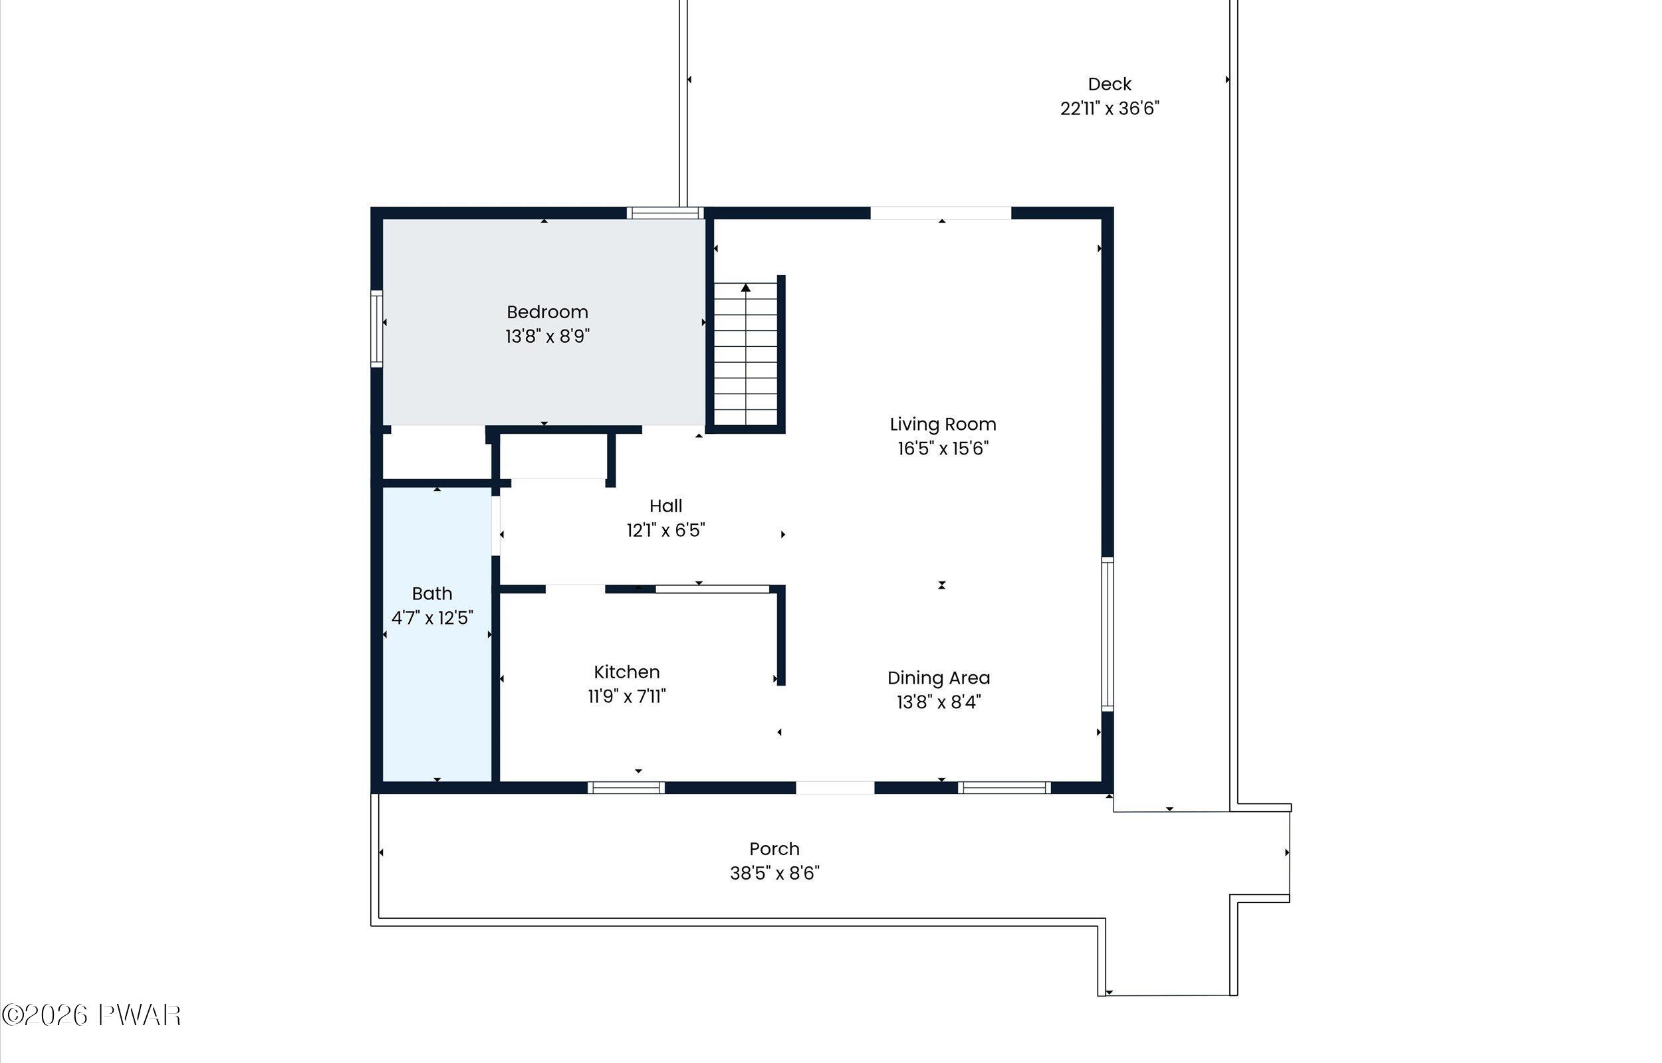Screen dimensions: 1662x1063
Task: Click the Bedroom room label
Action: point(547,313)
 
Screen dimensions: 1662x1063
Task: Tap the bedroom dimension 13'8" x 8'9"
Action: point(547,336)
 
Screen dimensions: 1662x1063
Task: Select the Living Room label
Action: point(943,425)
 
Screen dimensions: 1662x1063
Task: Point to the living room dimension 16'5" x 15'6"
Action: point(943,448)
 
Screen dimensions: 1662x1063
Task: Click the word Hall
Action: point(665,506)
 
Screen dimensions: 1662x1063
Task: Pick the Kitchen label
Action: point(626,672)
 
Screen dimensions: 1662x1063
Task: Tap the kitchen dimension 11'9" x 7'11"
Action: point(626,696)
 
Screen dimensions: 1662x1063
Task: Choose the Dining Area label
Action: point(939,678)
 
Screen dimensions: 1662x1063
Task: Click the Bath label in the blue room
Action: point(432,594)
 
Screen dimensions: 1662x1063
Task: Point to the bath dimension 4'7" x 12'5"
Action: point(432,618)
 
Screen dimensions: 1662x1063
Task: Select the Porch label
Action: point(774,849)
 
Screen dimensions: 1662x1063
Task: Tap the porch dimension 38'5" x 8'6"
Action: point(774,873)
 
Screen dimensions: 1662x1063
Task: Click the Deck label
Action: point(1110,84)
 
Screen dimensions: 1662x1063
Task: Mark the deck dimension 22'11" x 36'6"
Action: point(1110,108)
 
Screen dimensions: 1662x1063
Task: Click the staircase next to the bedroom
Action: point(746,354)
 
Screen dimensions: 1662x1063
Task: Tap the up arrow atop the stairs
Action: point(746,287)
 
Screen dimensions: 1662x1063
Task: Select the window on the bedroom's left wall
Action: point(377,329)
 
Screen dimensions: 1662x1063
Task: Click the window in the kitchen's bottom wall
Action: point(626,787)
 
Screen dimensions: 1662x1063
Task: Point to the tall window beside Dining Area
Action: point(1107,634)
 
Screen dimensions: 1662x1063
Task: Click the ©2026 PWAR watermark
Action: point(91,1015)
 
